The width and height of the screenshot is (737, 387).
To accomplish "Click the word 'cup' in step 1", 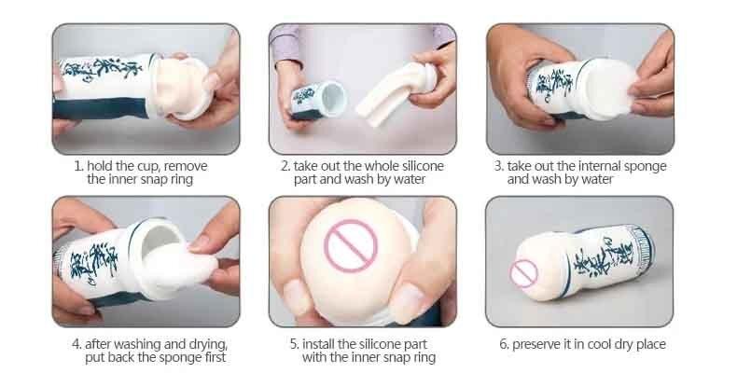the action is click(x=149, y=167).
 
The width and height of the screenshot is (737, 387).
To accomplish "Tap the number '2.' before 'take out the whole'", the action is click(x=285, y=166).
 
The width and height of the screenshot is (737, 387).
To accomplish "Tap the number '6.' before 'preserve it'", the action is click(x=504, y=344).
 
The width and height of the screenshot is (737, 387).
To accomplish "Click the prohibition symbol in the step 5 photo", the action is click(x=351, y=246).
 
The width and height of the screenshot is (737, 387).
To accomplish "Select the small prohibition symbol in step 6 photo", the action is click(x=523, y=273).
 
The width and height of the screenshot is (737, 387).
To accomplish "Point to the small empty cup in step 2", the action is click(x=318, y=101).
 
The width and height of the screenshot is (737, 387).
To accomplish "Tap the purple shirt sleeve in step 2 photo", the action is click(x=285, y=44).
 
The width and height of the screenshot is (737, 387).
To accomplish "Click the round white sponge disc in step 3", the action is click(x=610, y=90).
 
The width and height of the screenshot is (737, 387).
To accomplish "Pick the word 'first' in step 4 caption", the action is click(x=214, y=357).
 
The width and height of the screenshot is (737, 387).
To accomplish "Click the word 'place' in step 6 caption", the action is click(x=650, y=344).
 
